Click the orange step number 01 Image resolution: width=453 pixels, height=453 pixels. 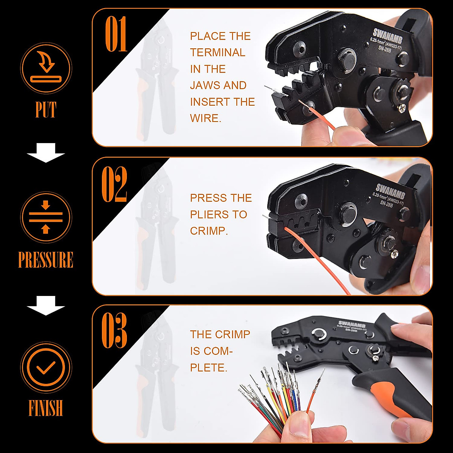click(116, 34)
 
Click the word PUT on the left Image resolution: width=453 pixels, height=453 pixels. click(46, 109)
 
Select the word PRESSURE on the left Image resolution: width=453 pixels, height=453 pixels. click(46, 260)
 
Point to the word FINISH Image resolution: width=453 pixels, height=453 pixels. click(46, 408)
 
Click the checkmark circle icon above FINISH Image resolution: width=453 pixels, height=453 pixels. click(46, 367)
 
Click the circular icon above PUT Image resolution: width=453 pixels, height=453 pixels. click(46, 68)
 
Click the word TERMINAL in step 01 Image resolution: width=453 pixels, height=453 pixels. click(217, 52)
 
